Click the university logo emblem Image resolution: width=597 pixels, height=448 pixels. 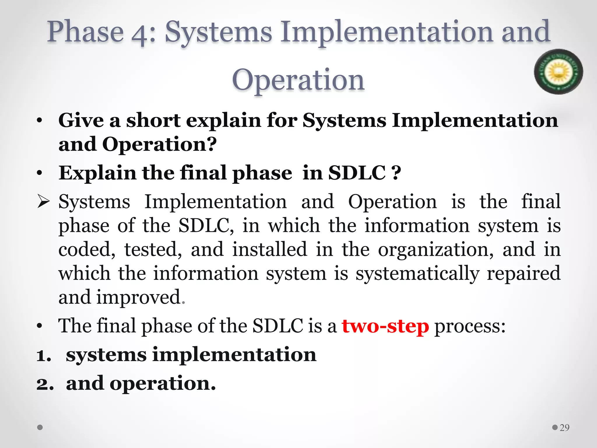click(x=558, y=71)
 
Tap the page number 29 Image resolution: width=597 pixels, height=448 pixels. click(x=564, y=428)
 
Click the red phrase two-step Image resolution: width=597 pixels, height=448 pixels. click(x=385, y=326)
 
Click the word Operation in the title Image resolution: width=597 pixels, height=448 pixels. click(x=298, y=80)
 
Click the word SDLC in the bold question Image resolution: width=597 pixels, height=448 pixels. click(x=357, y=173)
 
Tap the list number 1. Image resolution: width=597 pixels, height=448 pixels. click(x=44, y=356)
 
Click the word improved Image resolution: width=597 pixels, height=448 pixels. click(x=139, y=297)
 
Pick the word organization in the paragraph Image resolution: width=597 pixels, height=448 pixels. click(x=436, y=250)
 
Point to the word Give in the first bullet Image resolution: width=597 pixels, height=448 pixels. click(x=81, y=120)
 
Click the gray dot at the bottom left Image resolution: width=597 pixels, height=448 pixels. click(x=40, y=428)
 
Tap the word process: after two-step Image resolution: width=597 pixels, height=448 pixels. click(x=470, y=326)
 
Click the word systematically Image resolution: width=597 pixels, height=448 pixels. click(x=417, y=274)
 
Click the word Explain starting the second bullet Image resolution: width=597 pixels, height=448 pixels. click(x=97, y=173)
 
